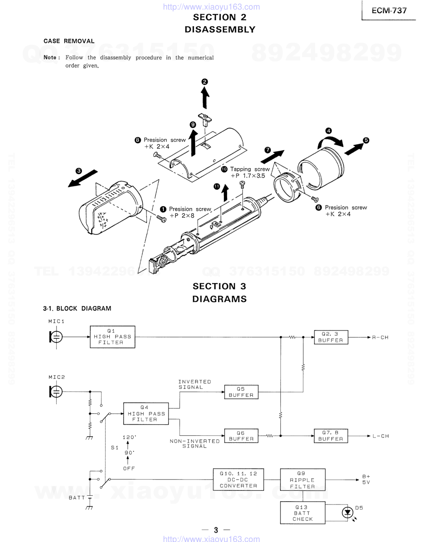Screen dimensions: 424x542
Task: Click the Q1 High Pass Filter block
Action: coord(112,337)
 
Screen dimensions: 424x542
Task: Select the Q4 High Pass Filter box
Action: coord(146,413)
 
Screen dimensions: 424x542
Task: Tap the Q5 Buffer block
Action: coord(241,392)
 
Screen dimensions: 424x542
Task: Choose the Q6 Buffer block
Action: coord(241,436)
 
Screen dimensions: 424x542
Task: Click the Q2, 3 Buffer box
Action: coord(331,337)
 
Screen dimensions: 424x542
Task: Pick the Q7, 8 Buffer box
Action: coord(331,436)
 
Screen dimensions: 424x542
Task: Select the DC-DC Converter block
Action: coord(238,480)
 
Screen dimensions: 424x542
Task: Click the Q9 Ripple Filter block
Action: coord(303,480)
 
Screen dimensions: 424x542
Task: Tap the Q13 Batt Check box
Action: coord(303,512)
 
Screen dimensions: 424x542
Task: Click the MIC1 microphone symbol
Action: coord(56,337)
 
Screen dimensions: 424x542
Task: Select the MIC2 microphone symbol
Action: coord(56,392)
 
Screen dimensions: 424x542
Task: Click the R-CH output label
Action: coord(380,338)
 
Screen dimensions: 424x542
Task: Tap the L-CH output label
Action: coord(381,436)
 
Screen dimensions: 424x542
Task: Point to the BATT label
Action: coord(77,498)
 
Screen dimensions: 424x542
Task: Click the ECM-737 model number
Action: coord(389,10)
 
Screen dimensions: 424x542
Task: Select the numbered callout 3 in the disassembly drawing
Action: coord(79,171)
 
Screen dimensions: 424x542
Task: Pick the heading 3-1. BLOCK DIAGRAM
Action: coord(77,308)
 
